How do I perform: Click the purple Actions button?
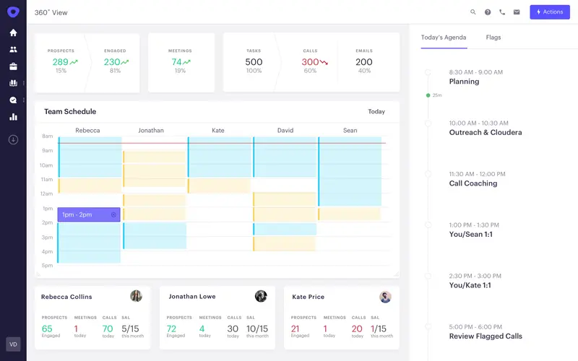549,12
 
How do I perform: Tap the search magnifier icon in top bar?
473,12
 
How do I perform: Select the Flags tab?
493,38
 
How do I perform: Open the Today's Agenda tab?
444,38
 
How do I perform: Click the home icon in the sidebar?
13,32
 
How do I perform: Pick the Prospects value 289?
61,62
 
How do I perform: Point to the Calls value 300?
310,62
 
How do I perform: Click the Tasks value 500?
254,62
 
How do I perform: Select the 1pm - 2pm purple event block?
89,214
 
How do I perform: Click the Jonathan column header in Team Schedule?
151,131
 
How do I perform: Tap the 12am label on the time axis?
46,193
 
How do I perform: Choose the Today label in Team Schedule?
376,112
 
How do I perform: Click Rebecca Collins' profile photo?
136,296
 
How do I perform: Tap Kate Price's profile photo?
386,297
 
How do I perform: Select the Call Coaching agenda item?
473,183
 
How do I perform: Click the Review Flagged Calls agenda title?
486,336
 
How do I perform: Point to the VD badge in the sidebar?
13,344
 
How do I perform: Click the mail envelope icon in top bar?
517,12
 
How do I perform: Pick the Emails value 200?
364,62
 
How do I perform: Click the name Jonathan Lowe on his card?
191,297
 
